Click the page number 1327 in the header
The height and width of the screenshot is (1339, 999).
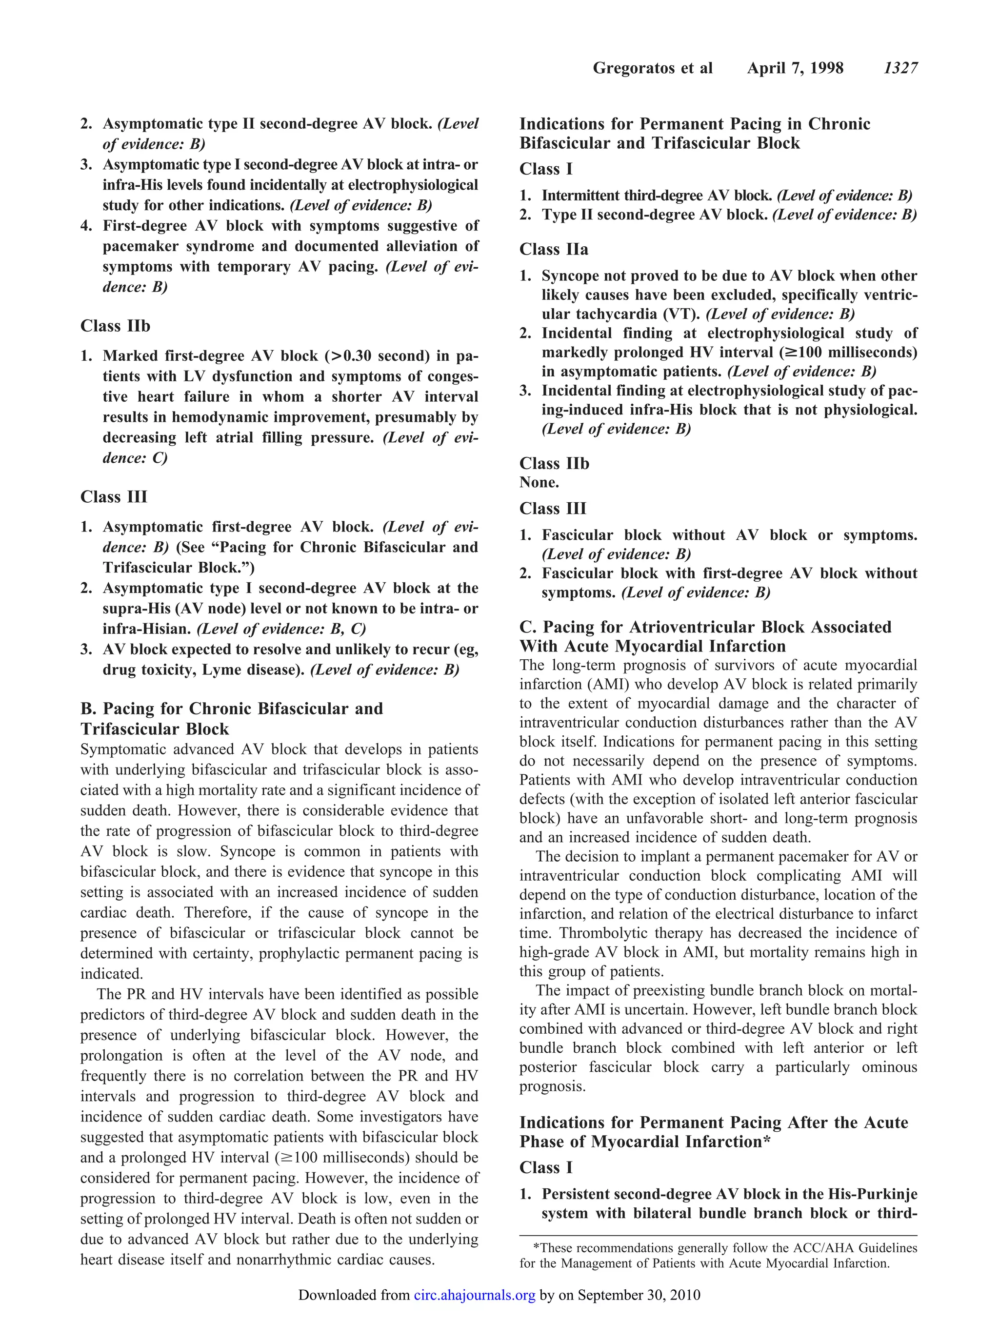pos(900,68)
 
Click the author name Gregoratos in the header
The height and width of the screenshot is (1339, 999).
pos(635,68)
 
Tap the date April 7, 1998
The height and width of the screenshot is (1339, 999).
pos(795,68)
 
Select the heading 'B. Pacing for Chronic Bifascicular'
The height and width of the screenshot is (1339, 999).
pos(232,708)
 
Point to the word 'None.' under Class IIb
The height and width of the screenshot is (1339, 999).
pos(539,482)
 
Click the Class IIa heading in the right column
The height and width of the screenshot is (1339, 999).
pos(553,249)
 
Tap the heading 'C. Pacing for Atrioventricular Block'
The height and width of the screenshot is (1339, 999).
pos(705,627)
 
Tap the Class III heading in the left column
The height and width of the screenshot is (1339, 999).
pos(114,497)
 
